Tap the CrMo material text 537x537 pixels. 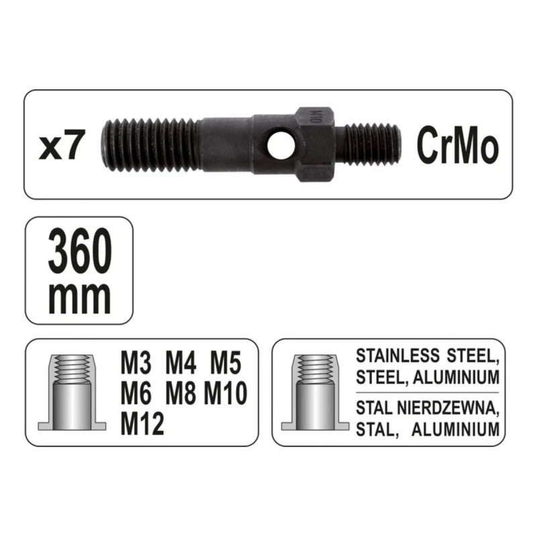click(x=458, y=146)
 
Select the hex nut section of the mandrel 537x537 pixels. click(x=315, y=144)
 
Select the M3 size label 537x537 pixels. click(x=136, y=363)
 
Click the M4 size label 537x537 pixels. click(x=181, y=363)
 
